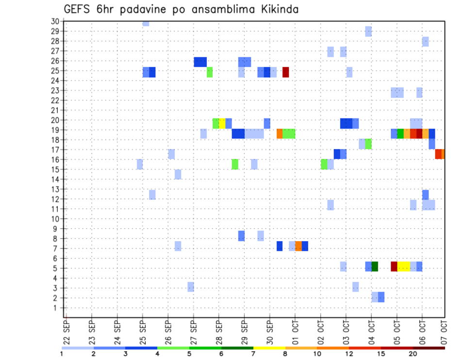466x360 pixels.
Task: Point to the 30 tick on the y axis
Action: (55, 21)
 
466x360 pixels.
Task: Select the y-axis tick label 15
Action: (55, 169)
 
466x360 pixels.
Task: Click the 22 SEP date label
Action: (67, 331)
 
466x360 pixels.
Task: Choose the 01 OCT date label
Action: (295, 331)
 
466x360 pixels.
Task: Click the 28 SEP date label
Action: (218, 331)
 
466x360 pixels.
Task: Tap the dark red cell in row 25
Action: (286, 72)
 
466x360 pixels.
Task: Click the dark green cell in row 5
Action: (375, 266)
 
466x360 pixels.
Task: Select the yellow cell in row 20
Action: (222, 123)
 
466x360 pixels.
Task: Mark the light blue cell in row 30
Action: (146, 23)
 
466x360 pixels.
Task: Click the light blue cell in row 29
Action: (368, 32)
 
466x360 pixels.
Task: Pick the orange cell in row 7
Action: (298, 246)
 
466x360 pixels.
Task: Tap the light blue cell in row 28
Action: (425, 42)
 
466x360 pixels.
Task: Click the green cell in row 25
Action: (210, 72)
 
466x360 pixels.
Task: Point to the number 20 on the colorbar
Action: (413, 354)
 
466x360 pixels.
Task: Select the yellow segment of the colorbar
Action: (269, 348)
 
